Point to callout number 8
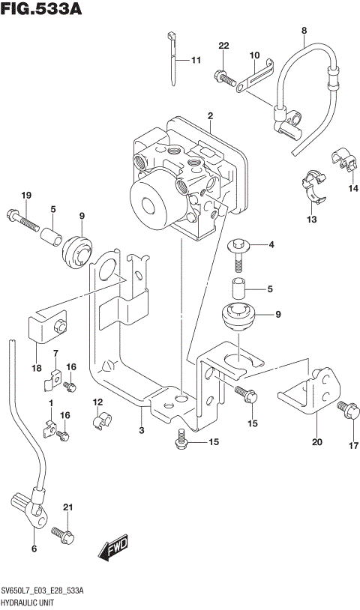[304, 31]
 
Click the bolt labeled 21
[63, 534]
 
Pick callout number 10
[254, 55]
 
